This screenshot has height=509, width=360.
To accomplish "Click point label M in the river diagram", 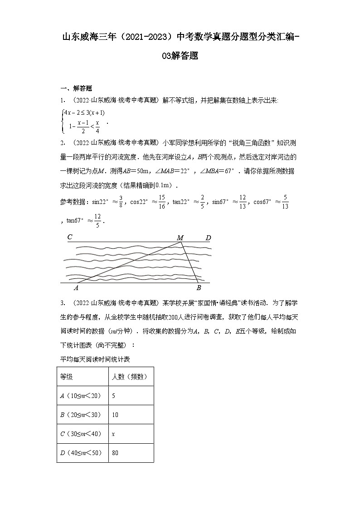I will click(x=180, y=238).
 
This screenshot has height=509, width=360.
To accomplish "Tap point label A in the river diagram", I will click(x=76, y=287).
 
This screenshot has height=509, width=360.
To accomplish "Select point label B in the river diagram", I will click(x=199, y=287).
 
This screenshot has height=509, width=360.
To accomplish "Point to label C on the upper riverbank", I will click(x=70, y=237).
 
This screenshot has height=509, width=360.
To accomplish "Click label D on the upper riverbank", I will click(x=208, y=238).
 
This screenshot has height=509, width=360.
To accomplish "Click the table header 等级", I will click(x=67, y=377).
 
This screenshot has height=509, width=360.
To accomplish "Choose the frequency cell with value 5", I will click(x=113, y=396).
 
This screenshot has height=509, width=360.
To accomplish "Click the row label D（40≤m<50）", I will click(x=81, y=452).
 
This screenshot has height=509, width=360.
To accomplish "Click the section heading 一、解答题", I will click(x=76, y=88).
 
